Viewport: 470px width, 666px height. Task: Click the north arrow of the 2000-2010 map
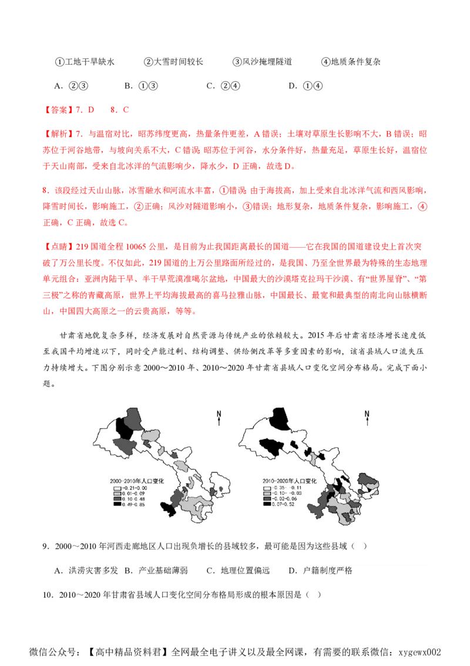pyautogui.click(x=219, y=417)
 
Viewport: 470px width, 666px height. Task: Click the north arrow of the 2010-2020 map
pyautogui.click(x=368, y=417)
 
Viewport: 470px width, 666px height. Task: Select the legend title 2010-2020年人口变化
pyautogui.click(x=289, y=481)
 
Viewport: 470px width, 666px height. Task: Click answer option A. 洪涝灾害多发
pyautogui.click(x=86, y=571)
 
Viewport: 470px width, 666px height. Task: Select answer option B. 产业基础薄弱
pyautogui.click(x=155, y=571)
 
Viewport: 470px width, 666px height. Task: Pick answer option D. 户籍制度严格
pyautogui.click(x=320, y=571)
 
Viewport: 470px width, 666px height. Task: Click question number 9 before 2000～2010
pyautogui.click(x=45, y=546)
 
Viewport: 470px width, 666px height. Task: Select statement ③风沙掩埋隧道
pyautogui.click(x=262, y=62)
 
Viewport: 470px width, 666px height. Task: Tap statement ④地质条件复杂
pyautogui.click(x=351, y=62)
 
